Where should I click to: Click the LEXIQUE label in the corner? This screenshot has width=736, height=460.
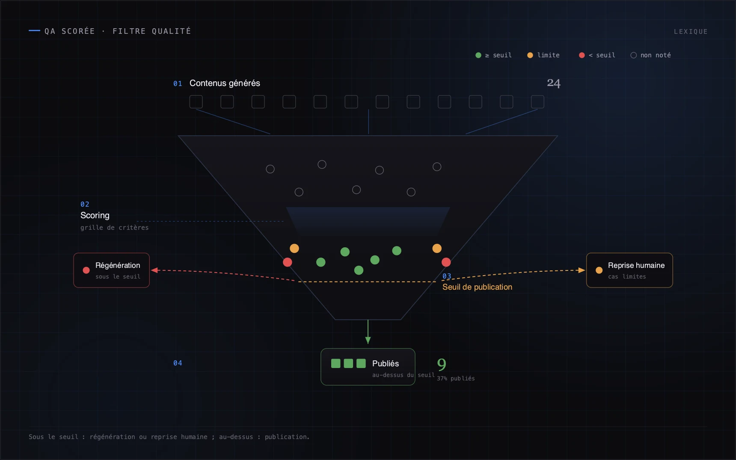[691, 32]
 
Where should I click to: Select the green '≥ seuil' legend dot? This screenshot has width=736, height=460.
[478, 55]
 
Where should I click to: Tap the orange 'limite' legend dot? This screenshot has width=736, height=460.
[530, 55]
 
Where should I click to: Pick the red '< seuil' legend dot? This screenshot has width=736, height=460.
[582, 55]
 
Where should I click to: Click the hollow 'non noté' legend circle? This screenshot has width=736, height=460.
[634, 55]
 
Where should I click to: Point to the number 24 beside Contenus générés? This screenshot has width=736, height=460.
[554, 83]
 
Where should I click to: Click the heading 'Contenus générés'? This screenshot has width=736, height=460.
[225, 83]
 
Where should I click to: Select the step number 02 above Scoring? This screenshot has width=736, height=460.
[85, 204]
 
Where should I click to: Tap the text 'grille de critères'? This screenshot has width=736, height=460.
[115, 228]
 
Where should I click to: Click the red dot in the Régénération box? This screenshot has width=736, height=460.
[86, 270]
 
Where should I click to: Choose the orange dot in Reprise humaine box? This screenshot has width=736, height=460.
[599, 270]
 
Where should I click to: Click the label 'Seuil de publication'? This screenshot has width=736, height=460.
[477, 287]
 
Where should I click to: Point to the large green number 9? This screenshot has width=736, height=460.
[442, 365]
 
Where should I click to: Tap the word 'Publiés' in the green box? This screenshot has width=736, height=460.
[386, 363]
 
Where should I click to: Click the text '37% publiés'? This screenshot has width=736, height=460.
[456, 378]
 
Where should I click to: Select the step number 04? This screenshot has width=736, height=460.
[178, 363]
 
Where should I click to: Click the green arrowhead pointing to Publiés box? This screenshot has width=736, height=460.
[368, 341]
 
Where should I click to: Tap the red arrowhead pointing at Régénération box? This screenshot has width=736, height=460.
[154, 270]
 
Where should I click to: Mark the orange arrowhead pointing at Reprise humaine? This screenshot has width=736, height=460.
[582, 270]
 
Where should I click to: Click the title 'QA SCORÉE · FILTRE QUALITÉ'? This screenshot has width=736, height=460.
[118, 31]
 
